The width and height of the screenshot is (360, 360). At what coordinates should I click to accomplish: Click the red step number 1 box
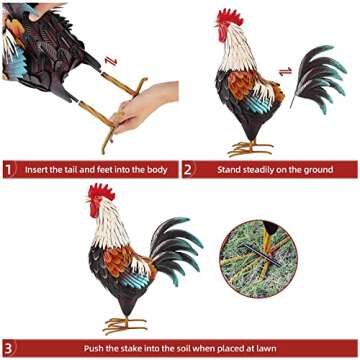[10, 169]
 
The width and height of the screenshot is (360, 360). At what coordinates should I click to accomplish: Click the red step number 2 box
[188, 169]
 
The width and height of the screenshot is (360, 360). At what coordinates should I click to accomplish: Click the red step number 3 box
[10, 349]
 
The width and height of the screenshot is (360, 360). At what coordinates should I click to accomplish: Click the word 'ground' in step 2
[314, 169]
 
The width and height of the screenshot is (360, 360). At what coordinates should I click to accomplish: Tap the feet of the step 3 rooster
[123, 324]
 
